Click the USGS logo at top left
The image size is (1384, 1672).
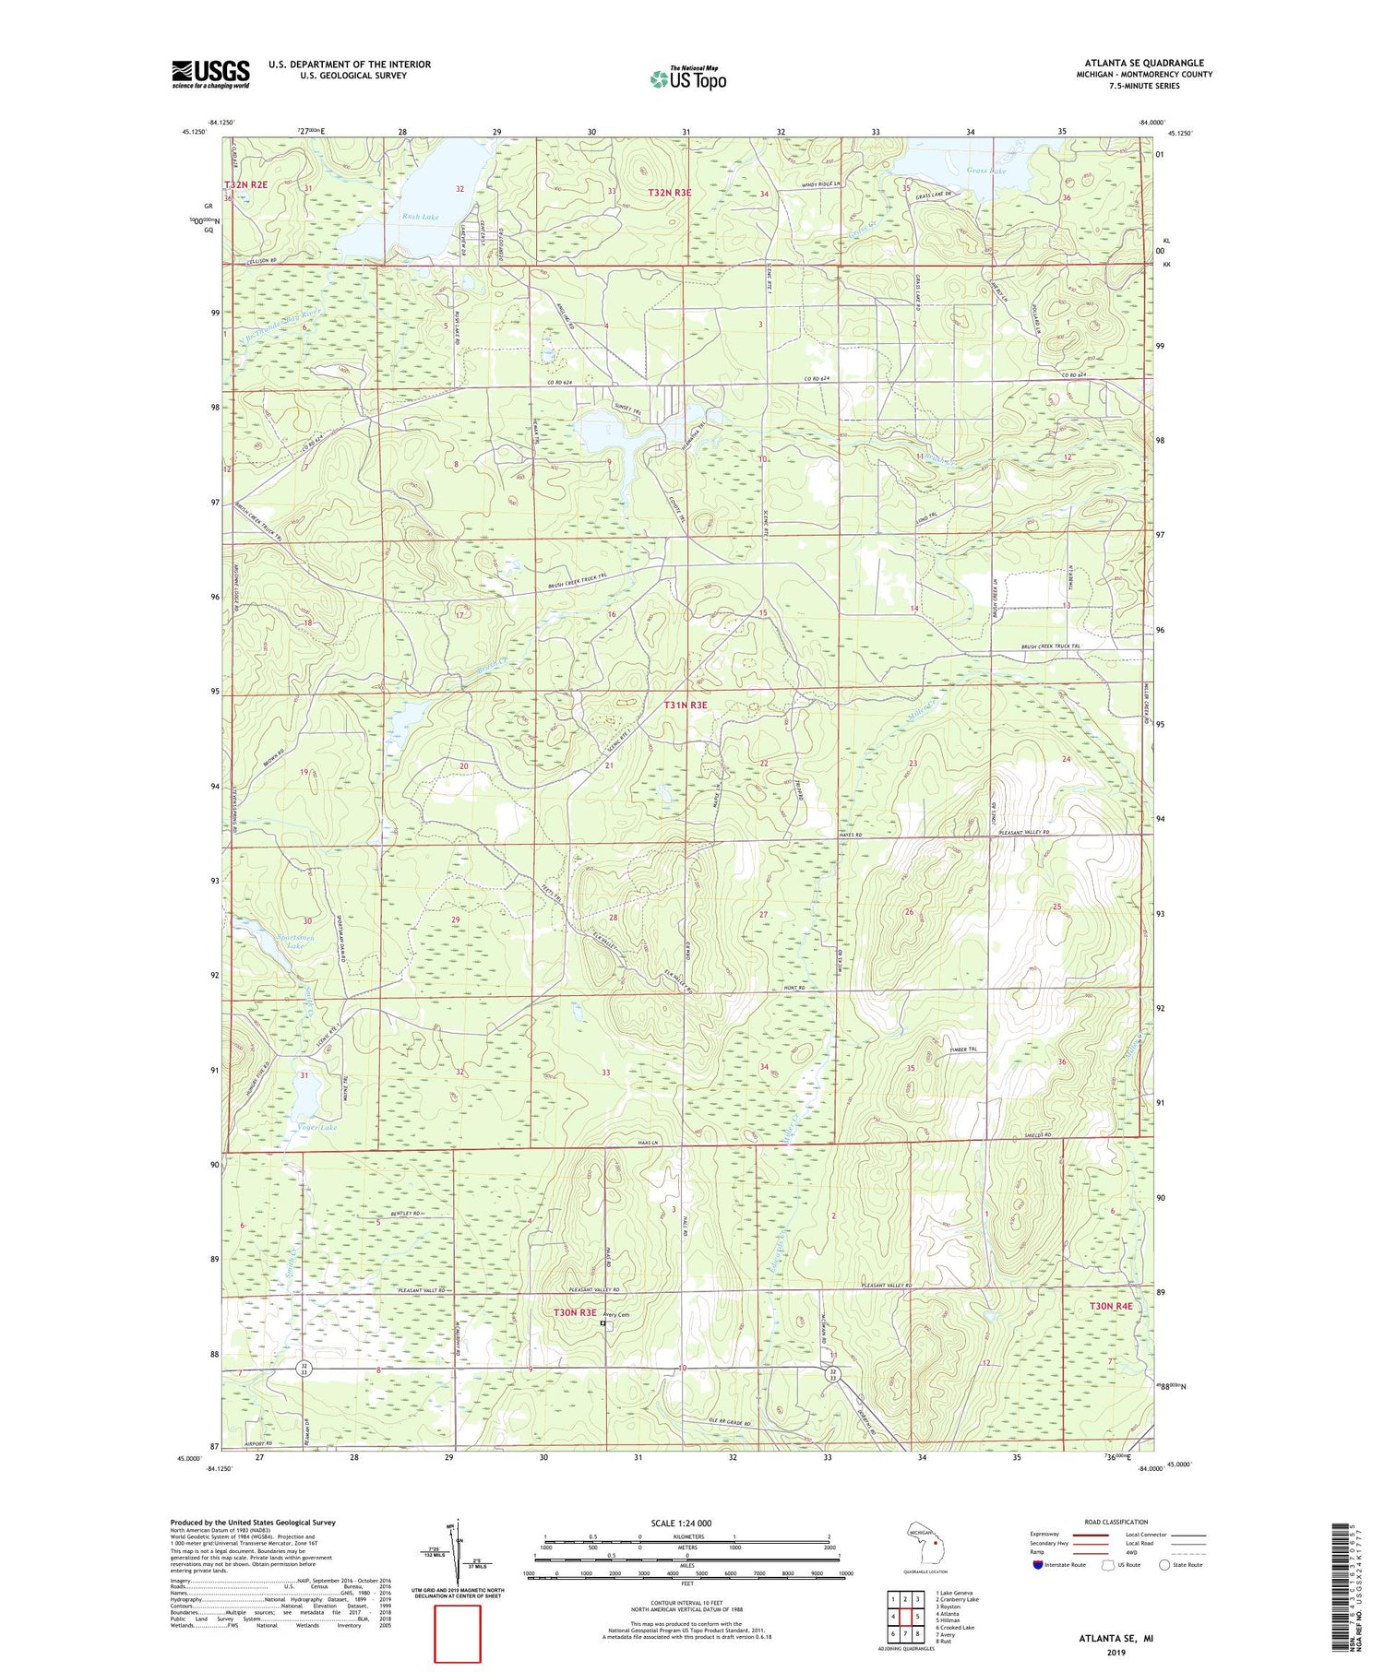tap(210, 75)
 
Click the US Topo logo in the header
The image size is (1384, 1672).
tap(687, 79)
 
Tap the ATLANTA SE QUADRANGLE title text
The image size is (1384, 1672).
tap(1143, 63)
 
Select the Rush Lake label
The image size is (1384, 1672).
tap(420, 217)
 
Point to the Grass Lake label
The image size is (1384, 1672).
tap(985, 171)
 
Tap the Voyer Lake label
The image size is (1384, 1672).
tap(317, 1127)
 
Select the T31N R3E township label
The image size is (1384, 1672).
tap(686, 705)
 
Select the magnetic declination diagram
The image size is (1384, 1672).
tap(458, 1554)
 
